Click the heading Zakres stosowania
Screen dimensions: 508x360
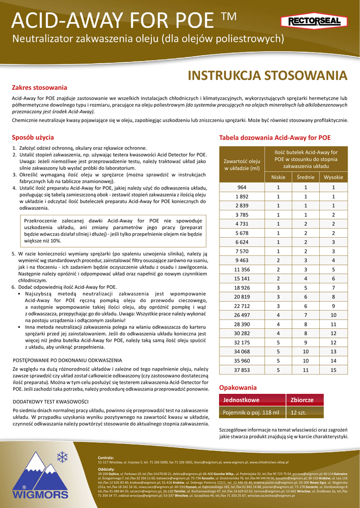[39, 88]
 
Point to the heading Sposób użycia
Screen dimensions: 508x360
[33, 137]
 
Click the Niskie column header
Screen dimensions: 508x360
[278, 178]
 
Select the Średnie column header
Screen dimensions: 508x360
[305, 178]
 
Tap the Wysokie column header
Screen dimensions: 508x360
[333, 178]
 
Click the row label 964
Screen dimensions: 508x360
[242, 187]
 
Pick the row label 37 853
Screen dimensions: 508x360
[242, 370]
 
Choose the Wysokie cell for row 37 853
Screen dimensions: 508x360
[333, 370]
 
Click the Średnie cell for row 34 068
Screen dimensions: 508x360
[305, 352]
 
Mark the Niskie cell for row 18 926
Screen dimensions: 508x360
[278, 288]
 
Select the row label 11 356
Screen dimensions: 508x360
[242, 269]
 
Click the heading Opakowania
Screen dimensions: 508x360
[238, 387]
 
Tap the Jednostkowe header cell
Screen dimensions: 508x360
[241, 400]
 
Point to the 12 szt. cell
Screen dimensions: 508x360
[299, 412]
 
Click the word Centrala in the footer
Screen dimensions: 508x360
[106, 457]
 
